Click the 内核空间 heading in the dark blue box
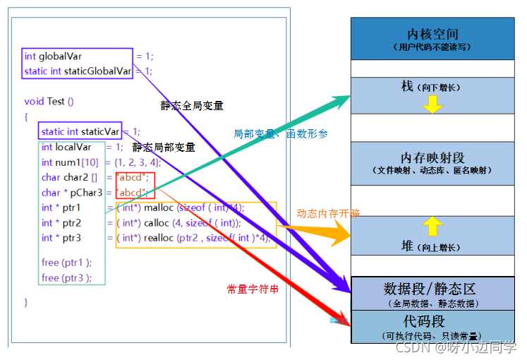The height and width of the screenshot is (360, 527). point(432,34)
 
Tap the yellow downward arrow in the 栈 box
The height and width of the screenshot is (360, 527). point(432,104)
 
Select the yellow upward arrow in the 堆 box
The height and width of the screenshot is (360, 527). point(432,226)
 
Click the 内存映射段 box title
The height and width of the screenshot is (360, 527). point(432,157)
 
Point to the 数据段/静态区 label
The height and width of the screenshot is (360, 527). point(430,289)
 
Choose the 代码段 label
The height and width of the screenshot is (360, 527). point(432,321)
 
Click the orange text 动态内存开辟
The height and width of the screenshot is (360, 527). point(328,213)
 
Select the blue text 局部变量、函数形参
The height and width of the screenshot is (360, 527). point(280,133)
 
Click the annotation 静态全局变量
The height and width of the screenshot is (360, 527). point(192,106)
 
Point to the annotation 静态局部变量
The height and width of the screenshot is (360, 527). point(164,148)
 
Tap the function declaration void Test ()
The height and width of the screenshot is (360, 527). point(49,101)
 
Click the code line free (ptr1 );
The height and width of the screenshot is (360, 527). point(66,263)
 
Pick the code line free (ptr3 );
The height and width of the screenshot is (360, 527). point(66,277)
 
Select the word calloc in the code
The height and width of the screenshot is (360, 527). point(157,223)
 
